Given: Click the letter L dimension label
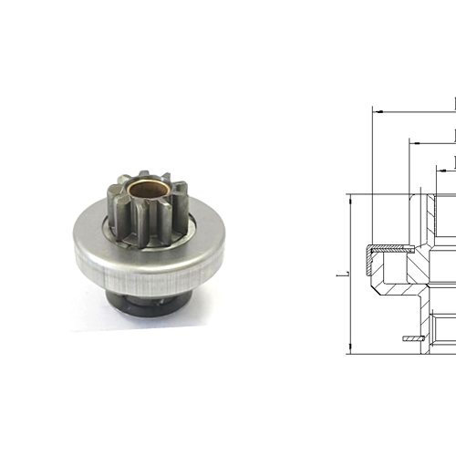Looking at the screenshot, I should (x=338, y=273).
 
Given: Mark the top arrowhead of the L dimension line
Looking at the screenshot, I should (x=350, y=198).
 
